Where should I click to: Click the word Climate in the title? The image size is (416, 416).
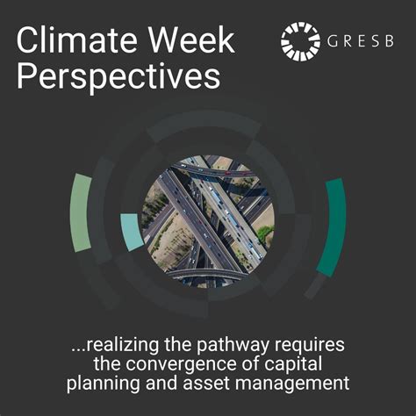coord(68,40)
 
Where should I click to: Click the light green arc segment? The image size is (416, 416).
coord(82,212)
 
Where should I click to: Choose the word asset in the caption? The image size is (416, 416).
coord(212,384)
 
